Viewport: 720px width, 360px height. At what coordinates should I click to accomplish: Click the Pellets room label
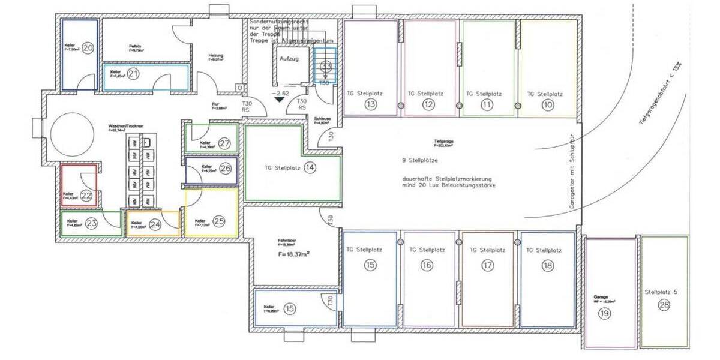point(134,46)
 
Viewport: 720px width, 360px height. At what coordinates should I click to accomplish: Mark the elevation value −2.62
point(280,94)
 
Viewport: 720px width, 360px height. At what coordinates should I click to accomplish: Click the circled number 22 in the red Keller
point(86,195)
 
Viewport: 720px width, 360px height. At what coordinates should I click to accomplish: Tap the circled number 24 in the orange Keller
point(155,225)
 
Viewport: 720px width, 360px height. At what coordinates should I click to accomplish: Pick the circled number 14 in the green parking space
point(310,167)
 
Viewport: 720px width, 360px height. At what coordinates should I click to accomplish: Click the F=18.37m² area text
point(296,254)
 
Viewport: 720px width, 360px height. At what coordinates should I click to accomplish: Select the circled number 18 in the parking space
point(548,265)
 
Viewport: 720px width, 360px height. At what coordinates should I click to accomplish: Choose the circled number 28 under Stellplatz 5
point(664,306)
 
